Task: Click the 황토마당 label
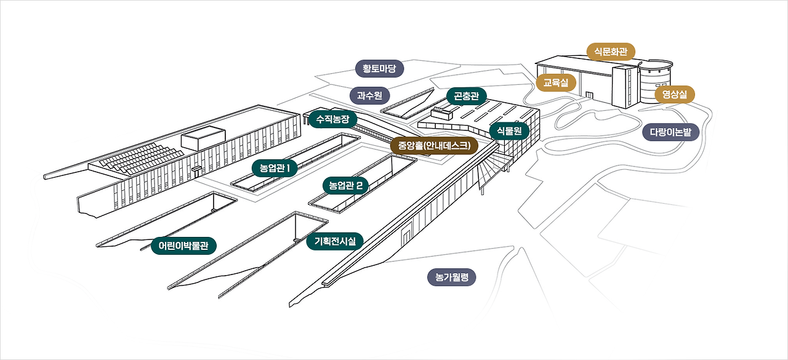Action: coord(379,68)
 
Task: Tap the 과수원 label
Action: coord(369,95)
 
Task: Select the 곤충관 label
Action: coord(466,95)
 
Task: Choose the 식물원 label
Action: coord(509,130)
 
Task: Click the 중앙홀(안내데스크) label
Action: coord(433,146)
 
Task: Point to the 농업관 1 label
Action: coord(275,168)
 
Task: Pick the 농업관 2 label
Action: coord(345,185)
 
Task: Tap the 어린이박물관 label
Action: coord(183,246)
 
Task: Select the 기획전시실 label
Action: coord(335,242)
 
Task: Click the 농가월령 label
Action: coord(451,278)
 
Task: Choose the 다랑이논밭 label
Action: coord(670,132)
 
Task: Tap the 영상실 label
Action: coord(674,94)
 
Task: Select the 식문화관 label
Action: coord(610,51)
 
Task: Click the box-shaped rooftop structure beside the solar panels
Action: coord(203,138)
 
